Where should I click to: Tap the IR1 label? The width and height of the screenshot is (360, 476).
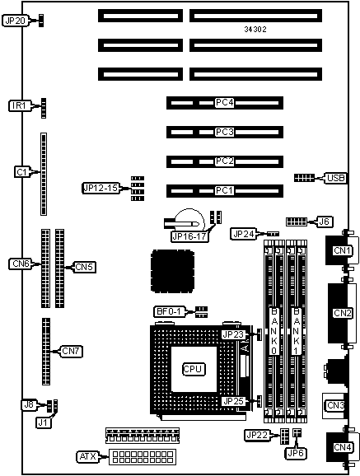pyautogui.click(x=20, y=105)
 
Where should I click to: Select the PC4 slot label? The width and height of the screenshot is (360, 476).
pyautogui.click(x=225, y=103)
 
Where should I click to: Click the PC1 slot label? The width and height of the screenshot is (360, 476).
pyautogui.click(x=225, y=190)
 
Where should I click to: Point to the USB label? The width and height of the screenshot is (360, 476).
pyautogui.click(x=335, y=178)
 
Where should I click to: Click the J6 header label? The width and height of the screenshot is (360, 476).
pyautogui.click(x=325, y=222)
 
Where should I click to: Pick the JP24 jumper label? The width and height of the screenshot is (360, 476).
pyautogui.click(x=244, y=234)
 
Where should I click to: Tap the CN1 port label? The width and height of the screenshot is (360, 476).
pyautogui.click(x=343, y=250)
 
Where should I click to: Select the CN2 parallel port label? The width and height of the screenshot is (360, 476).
pyautogui.click(x=343, y=313)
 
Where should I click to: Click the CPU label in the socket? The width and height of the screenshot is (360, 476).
pyautogui.click(x=194, y=369)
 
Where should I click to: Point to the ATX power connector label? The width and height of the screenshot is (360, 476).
pyautogui.click(x=88, y=456)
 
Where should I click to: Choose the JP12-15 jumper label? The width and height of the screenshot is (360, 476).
pyautogui.click(x=101, y=189)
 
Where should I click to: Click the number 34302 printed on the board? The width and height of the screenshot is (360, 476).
pyautogui.click(x=255, y=29)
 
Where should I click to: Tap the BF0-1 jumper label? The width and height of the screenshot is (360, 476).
pyautogui.click(x=169, y=311)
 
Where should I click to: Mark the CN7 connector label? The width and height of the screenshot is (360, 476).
pyautogui.click(x=71, y=351)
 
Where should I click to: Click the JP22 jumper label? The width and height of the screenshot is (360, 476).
pyautogui.click(x=257, y=435)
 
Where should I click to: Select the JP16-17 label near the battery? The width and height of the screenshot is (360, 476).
pyautogui.click(x=189, y=236)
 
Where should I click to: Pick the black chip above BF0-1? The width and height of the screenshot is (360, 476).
pyautogui.click(x=172, y=271)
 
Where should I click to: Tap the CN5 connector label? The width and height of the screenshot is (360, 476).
pyautogui.click(x=84, y=267)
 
